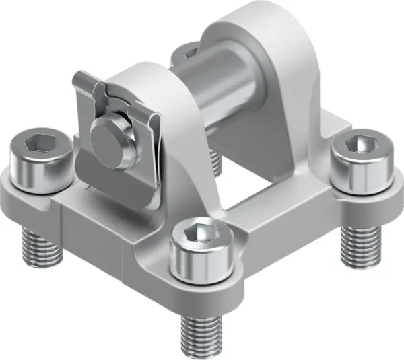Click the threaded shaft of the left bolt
[x=36, y=248]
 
